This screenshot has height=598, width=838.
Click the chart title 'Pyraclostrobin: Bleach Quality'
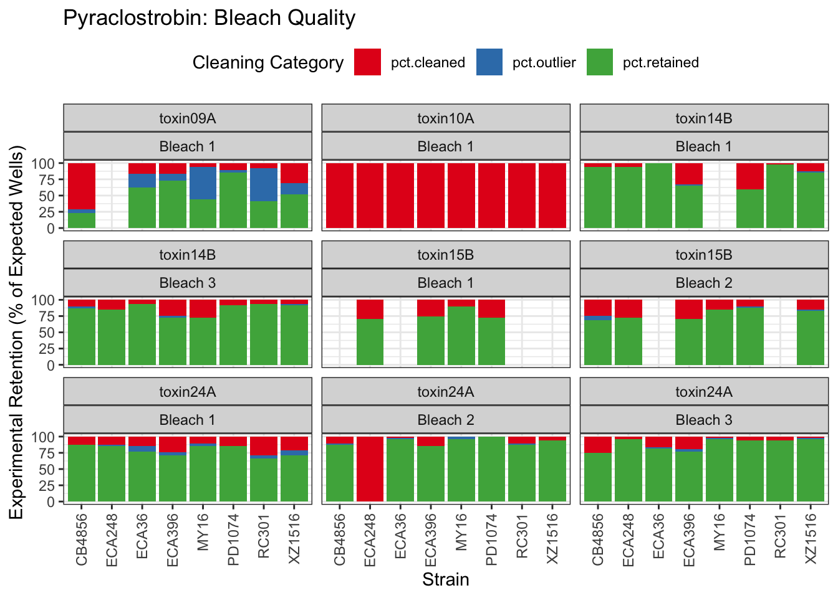coord(209,18)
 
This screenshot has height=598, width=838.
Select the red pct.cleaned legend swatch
coord(367,62)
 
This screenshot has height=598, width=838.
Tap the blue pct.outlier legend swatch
coord(489,62)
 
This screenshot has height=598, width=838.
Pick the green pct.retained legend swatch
coord(600,62)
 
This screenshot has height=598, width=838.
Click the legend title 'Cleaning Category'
coord(267,63)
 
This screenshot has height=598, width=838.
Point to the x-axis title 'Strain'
coord(445,580)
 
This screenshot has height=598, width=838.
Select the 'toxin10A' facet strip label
coord(445,118)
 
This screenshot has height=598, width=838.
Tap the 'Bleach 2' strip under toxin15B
coord(704,283)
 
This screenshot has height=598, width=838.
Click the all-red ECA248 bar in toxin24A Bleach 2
coord(370,469)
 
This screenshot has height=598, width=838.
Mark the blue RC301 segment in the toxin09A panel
coord(264,184)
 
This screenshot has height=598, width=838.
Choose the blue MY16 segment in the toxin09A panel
coord(203,183)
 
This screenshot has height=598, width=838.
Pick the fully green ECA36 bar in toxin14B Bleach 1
coord(658,196)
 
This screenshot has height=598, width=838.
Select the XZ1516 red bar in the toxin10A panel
coord(552,196)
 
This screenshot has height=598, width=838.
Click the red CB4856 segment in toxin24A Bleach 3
coord(598,445)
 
